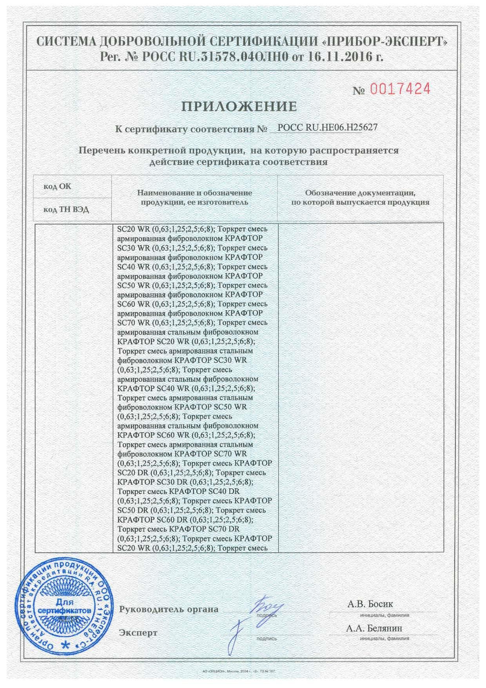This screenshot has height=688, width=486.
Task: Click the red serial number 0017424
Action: tap(400, 89)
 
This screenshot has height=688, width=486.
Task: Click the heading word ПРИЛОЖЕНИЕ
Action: tap(239, 106)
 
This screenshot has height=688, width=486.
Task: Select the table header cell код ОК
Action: tap(57, 186)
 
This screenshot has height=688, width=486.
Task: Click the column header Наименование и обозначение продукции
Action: tap(194, 198)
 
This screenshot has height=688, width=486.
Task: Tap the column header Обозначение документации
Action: tap(360, 198)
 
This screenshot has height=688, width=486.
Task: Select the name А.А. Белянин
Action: tap(374, 628)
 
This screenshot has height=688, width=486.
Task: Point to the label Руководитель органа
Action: tap(169, 610)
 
